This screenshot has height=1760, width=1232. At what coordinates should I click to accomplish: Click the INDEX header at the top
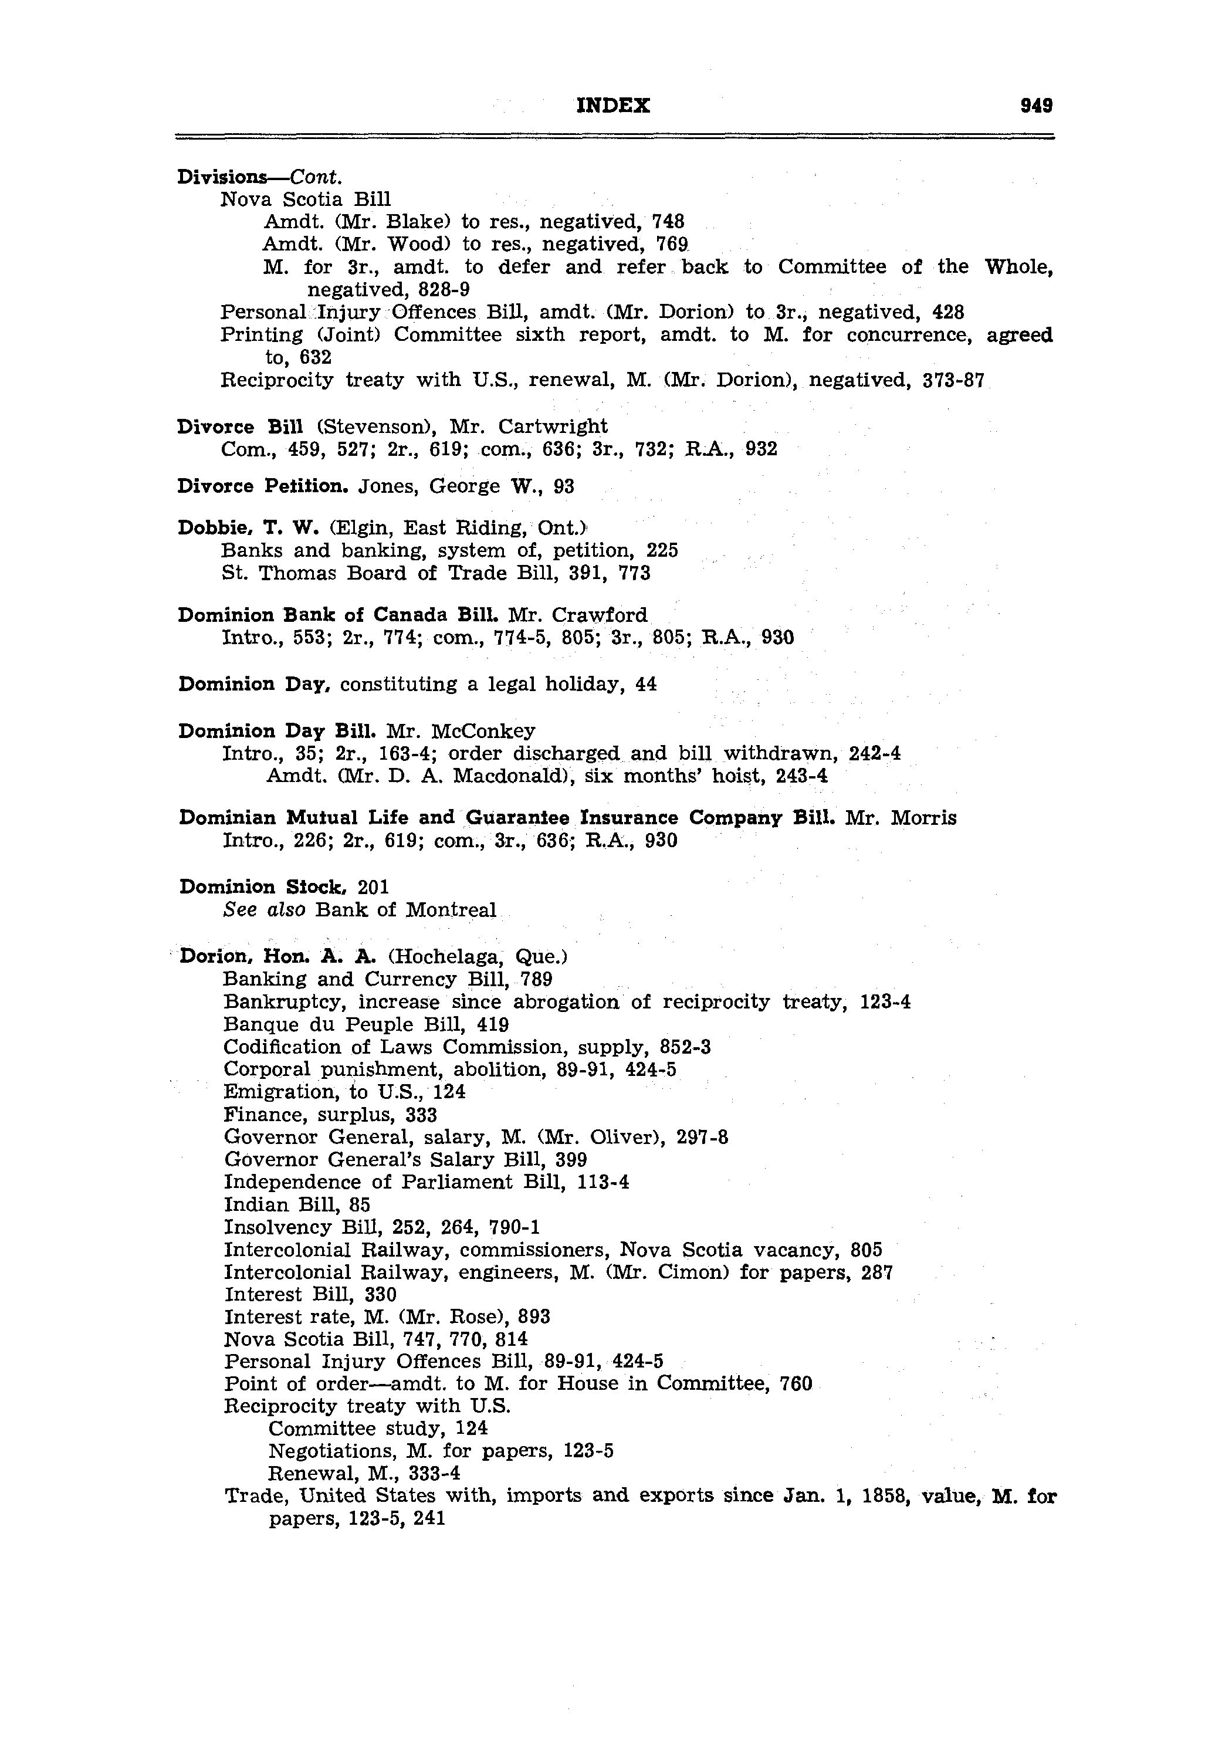click(612, 106)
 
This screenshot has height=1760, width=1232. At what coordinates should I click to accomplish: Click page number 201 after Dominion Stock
click(373, 887)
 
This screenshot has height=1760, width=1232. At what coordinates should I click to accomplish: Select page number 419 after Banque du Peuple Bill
click(493, 1025)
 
